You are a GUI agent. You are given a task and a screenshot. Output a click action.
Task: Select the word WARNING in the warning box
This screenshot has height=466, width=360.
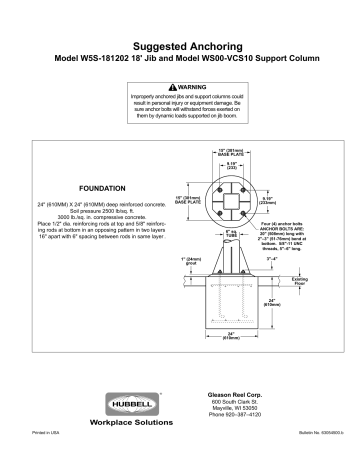(x=183, y=85)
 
